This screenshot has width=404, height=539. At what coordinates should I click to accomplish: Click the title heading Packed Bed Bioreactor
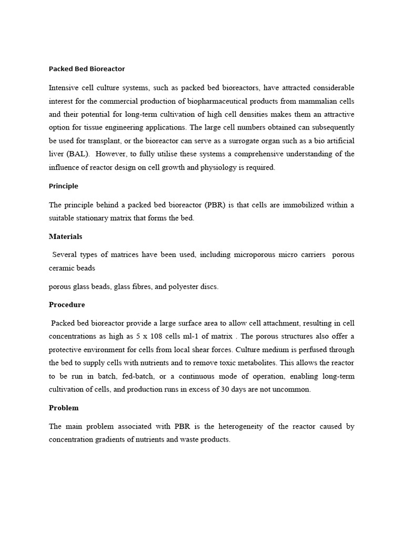click(87, 69)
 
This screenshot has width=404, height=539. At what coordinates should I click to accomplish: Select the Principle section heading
click(63, 186)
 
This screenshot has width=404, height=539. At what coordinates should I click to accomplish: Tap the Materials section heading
click(65, 236)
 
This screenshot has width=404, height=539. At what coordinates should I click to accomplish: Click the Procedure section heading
click(67, 304)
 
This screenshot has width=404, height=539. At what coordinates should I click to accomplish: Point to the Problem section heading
click(64, 407)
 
